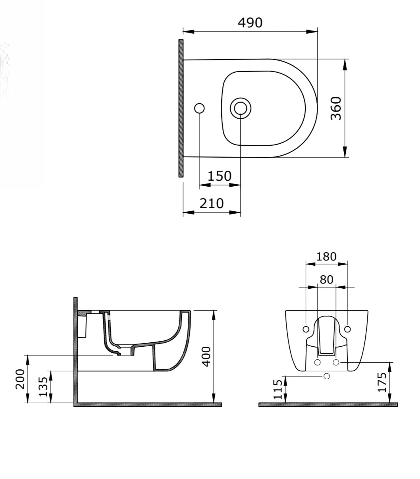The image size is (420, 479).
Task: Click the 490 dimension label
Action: (250, 23)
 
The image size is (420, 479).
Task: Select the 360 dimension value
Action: (336, 108)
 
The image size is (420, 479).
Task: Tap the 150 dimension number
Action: (219, 176)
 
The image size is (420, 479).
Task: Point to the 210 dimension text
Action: (211, 203)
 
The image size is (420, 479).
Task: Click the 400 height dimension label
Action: (205, 356)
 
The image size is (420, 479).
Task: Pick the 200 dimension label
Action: (20, 379)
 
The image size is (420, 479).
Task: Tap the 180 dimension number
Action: (326, 257)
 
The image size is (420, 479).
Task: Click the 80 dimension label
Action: (326, 280)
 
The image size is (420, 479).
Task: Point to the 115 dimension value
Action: (278, 389)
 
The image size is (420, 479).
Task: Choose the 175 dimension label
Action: (382, 382)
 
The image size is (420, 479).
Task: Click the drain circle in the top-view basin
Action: (240, 108)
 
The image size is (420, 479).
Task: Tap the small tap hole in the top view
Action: (199, 108)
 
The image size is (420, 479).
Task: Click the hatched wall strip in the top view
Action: (181, 108)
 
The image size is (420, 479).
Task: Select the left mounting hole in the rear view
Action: (306, 329)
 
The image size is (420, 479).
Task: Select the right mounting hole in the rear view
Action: (347, 329)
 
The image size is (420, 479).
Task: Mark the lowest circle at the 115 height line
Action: (327, 376)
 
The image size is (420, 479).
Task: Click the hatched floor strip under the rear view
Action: (328, 404)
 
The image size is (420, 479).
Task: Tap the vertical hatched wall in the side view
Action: (75, 350)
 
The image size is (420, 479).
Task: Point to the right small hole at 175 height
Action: (336, 362)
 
